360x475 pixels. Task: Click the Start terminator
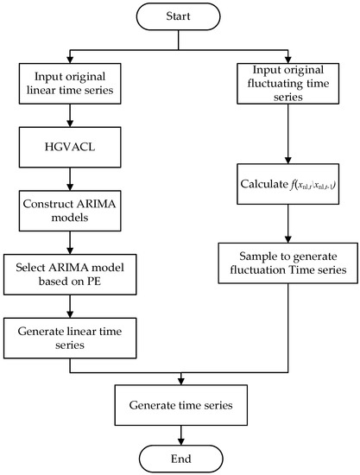(x=179, y=16)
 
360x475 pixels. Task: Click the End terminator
(x=179, y=457)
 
